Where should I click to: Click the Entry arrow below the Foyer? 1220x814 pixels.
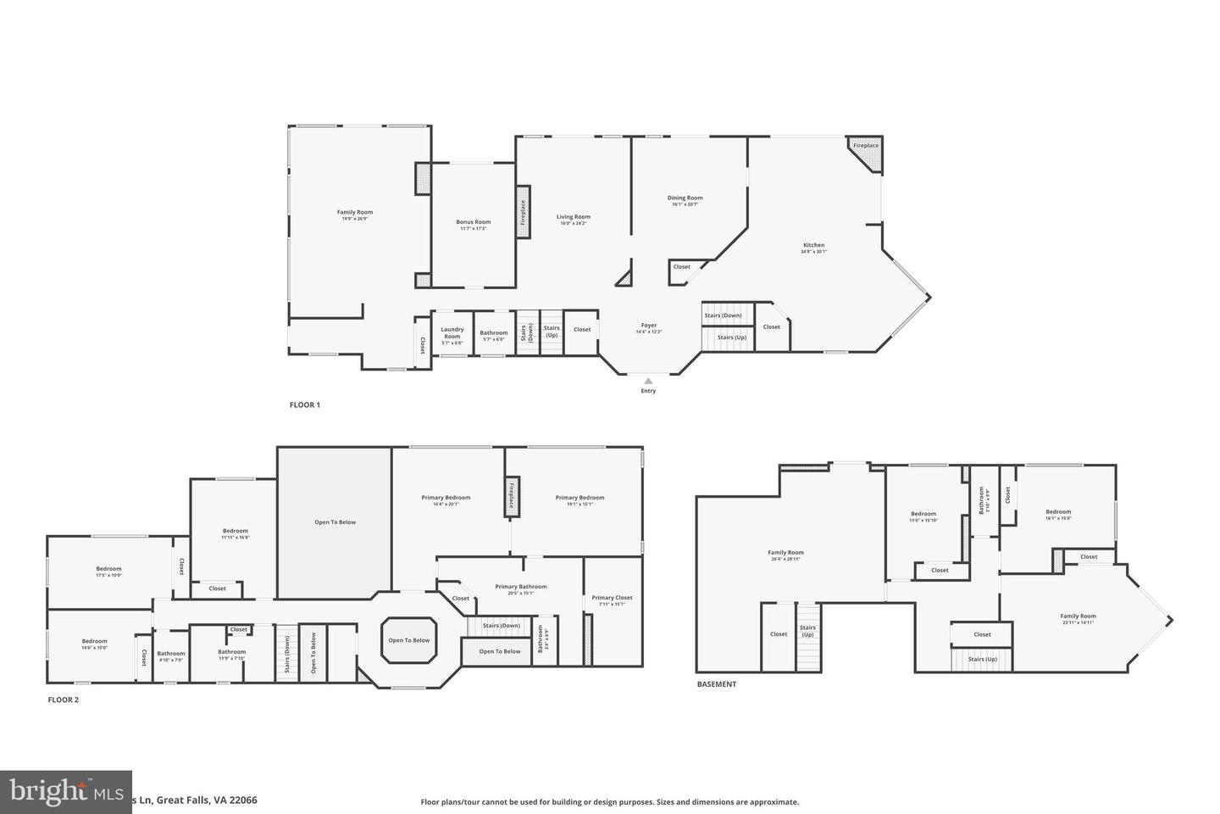pyautogui.click(x=648, y=382)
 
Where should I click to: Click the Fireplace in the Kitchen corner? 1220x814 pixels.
pyautogui.click(x=866, y=146)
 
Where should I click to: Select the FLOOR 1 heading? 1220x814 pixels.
pyautogui.click(x=305, y=405)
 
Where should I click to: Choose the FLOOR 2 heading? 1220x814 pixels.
pyautogui.click(x=63, y=700)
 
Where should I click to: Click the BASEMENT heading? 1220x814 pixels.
pyautogui.click(x=717, y=684)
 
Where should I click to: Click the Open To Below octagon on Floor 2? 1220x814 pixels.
pyautogui.click(x=409, y=640)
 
